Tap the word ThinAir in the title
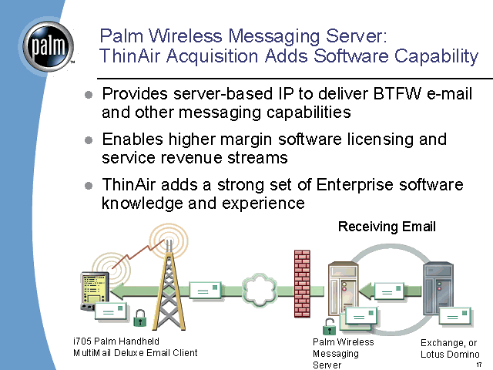(129, 55)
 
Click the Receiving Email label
(387, 226)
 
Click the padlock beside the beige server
(329, 325)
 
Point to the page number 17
(478, 363)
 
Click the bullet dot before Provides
(88, 95)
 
